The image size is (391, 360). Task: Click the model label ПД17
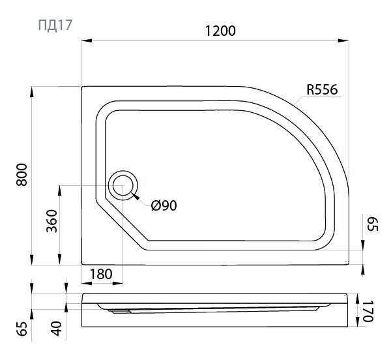[x=55, y=25]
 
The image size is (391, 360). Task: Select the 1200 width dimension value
[x=220, y=31]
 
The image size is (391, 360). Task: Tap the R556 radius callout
[x=322, y=89]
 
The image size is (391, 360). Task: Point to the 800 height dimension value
[x=22, y=175]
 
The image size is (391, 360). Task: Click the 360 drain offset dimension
[x=52, y=221]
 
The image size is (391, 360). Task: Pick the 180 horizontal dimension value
[x=101, y=274]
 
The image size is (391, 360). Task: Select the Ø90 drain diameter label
[x=164, y=206]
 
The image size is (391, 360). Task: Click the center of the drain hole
[x=123, y=185]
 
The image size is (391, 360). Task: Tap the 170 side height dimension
[x=368, y=311]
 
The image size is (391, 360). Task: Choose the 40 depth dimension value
[x=56, y=328]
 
